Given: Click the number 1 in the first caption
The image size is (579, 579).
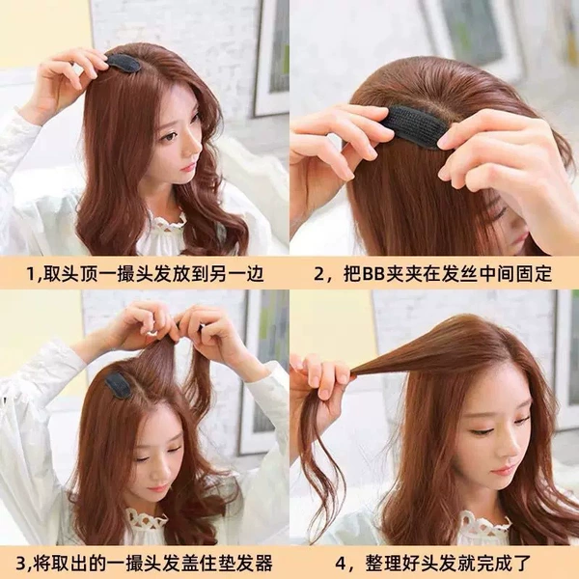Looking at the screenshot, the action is pos(32,274).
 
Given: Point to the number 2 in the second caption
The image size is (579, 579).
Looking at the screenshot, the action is pos(319,274).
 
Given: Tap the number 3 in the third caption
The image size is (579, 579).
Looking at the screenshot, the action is pos(21,564).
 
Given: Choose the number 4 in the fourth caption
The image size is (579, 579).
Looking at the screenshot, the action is pos(342,564).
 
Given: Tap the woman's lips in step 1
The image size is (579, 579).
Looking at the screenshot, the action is pos(189,167).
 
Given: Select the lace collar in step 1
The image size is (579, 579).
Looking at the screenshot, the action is pos(169,225).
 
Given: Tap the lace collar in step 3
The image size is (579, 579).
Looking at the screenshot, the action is pos(147,525).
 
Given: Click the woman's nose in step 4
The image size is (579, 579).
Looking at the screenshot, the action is pos(499,451).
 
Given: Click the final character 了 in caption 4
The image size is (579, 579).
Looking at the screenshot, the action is pos(522,564).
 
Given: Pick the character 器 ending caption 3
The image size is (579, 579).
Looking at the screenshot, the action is pos(262,564).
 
